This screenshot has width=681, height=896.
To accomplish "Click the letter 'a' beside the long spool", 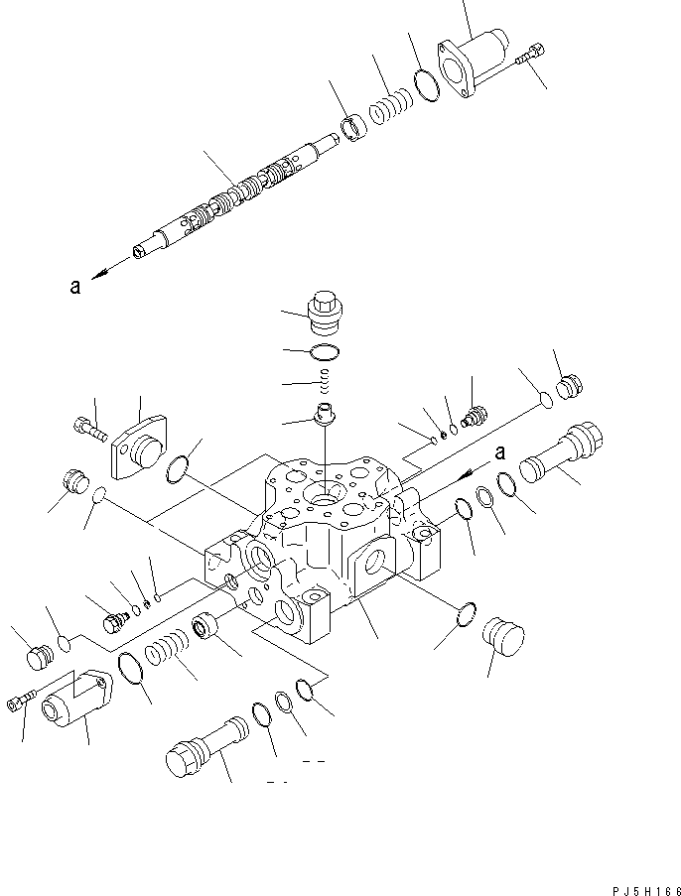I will [x=74, y=287].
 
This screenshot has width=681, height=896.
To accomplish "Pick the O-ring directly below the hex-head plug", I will [x=326, y=352].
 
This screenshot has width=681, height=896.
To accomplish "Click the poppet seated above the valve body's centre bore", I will [x=324, y=414].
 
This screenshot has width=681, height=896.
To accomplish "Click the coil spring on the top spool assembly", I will [x=390, y=108].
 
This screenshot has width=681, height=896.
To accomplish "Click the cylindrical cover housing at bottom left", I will [x=74, y=703].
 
